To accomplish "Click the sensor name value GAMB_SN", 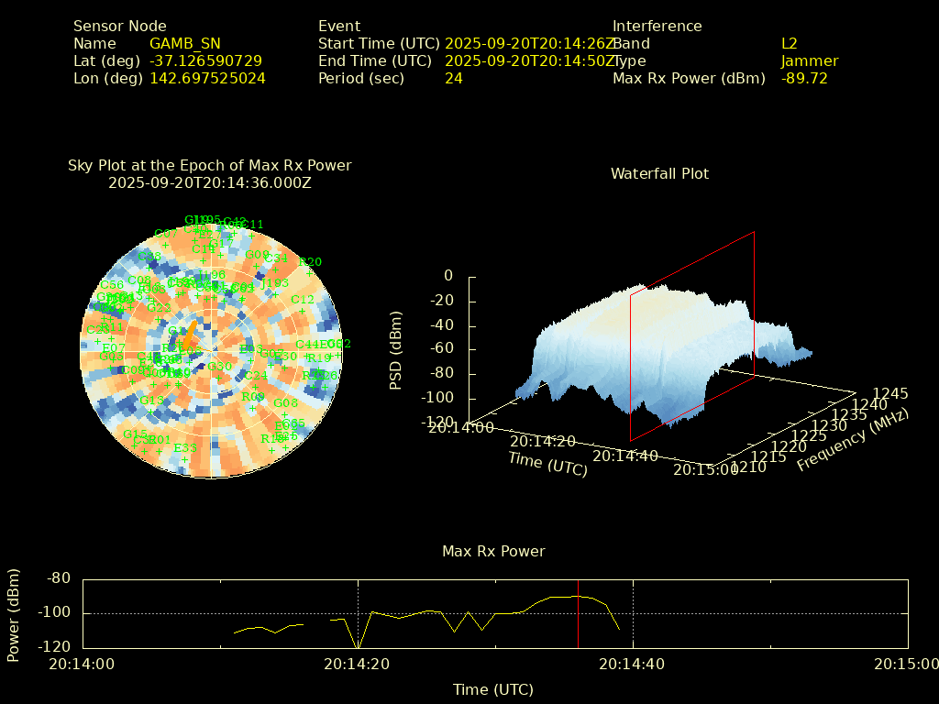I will coord(184,43).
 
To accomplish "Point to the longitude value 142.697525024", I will coord(207,78).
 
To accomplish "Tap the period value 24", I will coord(453,78).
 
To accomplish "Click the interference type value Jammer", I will coord(809,60).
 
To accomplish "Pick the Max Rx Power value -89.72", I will coord(804,78).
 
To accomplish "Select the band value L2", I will coord(789,43).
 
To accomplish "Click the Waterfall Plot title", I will coord(659,173).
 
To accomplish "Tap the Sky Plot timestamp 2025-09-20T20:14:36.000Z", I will coord(210,182).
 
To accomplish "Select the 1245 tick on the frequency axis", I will coord(890,393).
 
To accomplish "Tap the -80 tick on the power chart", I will coord(59,578).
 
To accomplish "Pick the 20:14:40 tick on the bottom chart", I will coord(633,664).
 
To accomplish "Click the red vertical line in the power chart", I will coord(579,614).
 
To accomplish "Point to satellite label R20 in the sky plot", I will coord(311,262).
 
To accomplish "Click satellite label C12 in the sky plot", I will coord(302,300).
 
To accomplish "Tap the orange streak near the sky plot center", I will coord(191,333).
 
